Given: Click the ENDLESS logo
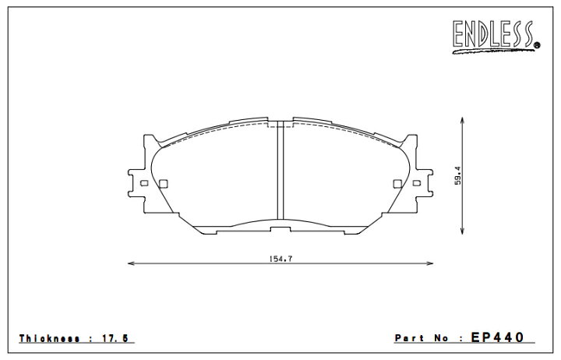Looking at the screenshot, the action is tap(496, 37).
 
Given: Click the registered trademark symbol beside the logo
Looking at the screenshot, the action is tap(537, 45).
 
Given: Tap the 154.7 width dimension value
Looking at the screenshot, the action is tap(280, 259).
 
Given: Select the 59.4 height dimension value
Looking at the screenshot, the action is tap(458, 175).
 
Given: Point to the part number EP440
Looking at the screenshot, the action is tap(497, 337).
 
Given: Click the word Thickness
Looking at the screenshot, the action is tap(49, 338).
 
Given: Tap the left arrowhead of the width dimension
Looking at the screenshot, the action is tap(131, 263).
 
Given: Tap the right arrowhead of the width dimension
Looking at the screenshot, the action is tap(429, 263).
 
